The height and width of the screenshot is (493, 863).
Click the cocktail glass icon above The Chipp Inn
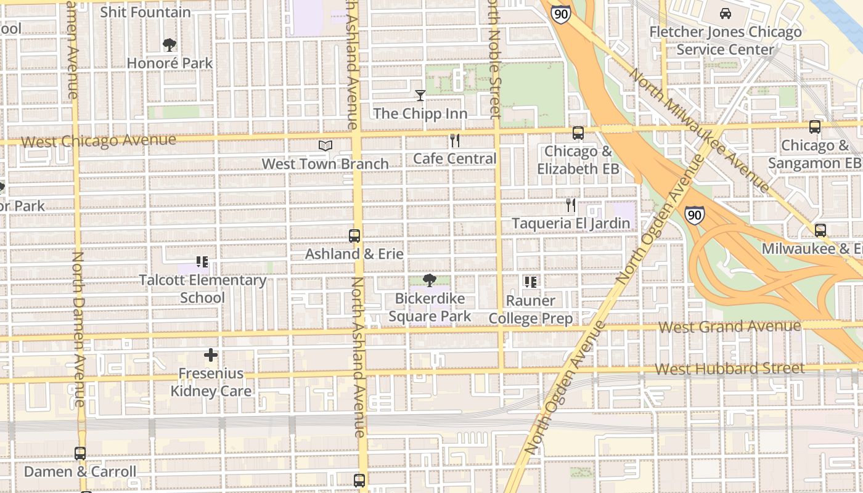tap(420, 95)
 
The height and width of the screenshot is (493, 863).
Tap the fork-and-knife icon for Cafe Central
tap(455, 141)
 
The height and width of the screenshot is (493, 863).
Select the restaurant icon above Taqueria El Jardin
tap(571, 205)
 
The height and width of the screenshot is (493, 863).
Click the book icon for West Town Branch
tap(325, 145)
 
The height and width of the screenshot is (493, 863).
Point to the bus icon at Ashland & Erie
tap(354, 235)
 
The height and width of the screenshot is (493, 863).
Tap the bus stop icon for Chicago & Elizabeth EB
tap(578, 132)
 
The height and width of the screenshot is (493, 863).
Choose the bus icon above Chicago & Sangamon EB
tap(814, 127)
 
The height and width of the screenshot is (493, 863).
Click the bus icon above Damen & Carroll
tap(80, 454)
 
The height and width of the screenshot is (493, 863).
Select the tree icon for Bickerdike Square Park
tap(430, 280)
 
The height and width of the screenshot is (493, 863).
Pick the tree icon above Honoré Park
tap(170, 44)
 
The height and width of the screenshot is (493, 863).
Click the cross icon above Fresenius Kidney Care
tap(211, 355)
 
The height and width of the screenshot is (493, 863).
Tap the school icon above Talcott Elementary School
tap(202, 262)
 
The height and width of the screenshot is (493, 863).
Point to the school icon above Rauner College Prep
tap(530, 282)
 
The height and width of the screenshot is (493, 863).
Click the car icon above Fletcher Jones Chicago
tap(726, 14)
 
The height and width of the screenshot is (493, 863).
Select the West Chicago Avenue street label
tap(99, 141)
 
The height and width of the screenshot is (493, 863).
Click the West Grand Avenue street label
tap(730, 326)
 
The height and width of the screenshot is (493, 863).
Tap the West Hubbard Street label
tap(729, 369)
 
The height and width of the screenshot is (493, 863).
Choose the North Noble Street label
tap(493, 59)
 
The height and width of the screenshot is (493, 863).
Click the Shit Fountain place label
tap(145, 12)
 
